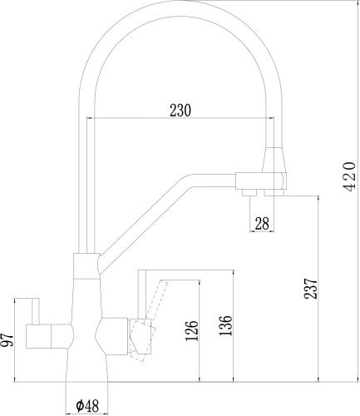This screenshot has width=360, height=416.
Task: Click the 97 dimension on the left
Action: (7, 339)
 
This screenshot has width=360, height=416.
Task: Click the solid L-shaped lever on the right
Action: (143, 291)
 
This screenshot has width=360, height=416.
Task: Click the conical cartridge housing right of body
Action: (111, 337)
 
